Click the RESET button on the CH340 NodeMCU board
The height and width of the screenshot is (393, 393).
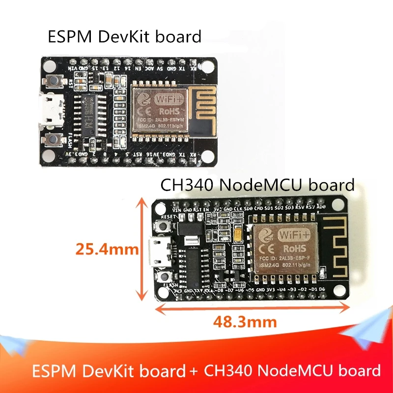tap(164, 227)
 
